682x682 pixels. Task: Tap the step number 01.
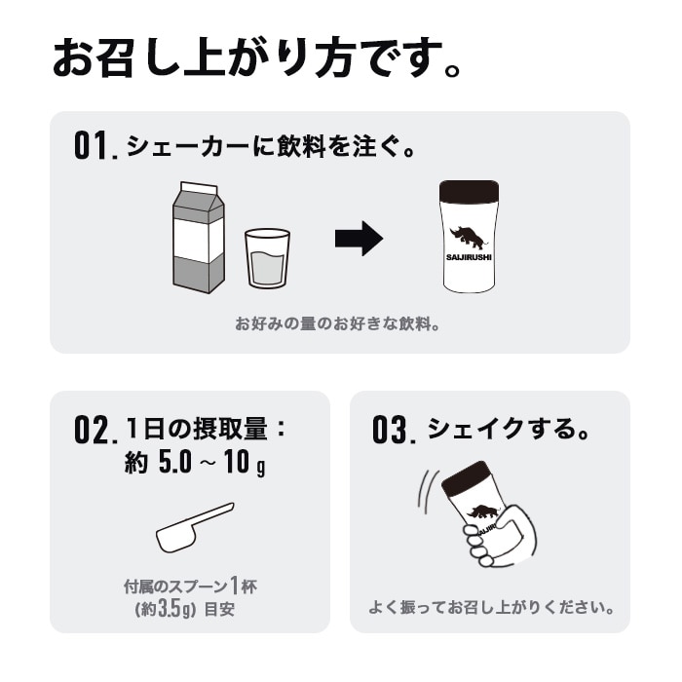pos(95,147)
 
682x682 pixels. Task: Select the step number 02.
pos(95,430)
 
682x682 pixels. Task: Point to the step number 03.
pos(395,430)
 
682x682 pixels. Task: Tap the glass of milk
pos(267,258)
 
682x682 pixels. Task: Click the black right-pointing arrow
pos(359,239)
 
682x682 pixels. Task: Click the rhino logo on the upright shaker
pos(470,238)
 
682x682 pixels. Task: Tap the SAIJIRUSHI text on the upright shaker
pos(470,258)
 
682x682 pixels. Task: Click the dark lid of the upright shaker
pos(470,191)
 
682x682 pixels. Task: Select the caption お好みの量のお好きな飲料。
pos(338,323)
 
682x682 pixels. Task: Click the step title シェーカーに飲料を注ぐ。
pos(272,147)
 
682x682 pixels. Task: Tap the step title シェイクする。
pos(510,429)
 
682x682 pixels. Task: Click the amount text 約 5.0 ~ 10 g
pos(195,464)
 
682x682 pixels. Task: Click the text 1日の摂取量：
pos(208,429)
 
